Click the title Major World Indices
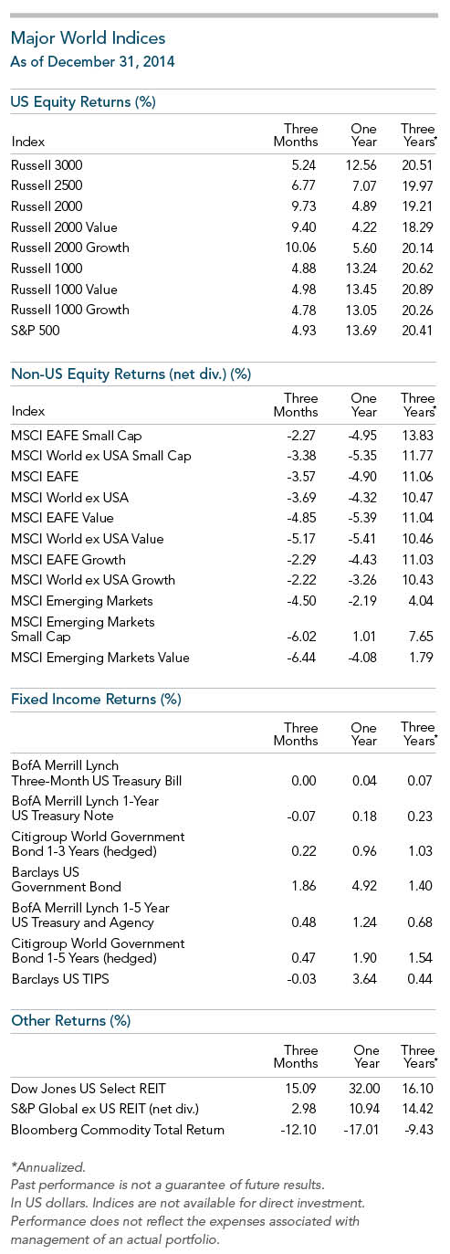[x=88, y=38]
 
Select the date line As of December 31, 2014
[x=92, y=61]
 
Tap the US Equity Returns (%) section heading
[x=83, y=102]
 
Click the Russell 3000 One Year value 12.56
[x=361, y=165]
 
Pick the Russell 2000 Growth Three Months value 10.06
[x=300, y=248]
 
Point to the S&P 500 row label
[x=36, y=331]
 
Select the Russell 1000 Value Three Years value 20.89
[x=417, y=290]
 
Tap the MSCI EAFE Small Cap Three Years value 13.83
[x=417, y=436]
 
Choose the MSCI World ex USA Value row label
[x=88, y=539]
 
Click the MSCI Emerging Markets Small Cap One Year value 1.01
[x=364, y=637]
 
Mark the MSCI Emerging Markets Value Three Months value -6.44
[x=301, y=658]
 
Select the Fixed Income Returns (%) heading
[x=96, y=700]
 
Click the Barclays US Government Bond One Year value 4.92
[x=364, y=886]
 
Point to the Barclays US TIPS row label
[x=60, y=978]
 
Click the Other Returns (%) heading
[x=71, y=1020]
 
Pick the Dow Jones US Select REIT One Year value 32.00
[x=364, y=1089]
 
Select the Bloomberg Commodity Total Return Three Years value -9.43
[x=419, y=1130]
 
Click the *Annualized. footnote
[x=48, y=1167]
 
